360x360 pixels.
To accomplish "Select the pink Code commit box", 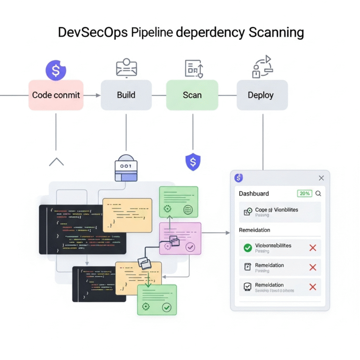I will pyautogui.click(x=56, y=95).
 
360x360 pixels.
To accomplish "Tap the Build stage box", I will pyautogui.click(x=126, y=95).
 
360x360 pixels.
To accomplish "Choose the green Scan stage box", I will pyautogui.click(x=192, y=95).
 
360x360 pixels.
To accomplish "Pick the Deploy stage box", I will pyautogui.click(x=262, y=95).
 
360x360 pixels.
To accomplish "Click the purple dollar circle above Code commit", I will pyautogui.click(x=56, y=70).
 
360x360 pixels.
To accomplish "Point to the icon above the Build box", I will pyautogui.click(x=126, y=68).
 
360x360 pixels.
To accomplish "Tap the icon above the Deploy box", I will pyautogui.click(x=262, y=67).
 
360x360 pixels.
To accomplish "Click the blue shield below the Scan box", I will pyautogui.click(x=192, y=162).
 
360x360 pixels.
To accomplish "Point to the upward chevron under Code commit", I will pyautogui.click(x=56, y=162).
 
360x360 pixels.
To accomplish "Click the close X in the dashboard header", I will pyautogui.click(x=321, y=178).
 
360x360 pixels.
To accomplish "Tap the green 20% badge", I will pyautogui.click(x=304, y=193).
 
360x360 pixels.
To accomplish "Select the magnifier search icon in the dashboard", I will pyautogui.click(x=318, y=193).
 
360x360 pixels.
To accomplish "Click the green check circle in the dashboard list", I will pyautogui.click(x=247, y=247).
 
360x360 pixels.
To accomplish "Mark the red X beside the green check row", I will pyautogui.click(x=313, y=247).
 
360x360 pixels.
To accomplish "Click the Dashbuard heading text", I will pyautogui.click(x=254, y=194).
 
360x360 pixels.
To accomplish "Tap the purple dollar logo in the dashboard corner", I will pyautogui.click(x=239, y=178).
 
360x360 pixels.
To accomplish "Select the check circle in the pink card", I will pyautogui.click(x=190, y=247).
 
